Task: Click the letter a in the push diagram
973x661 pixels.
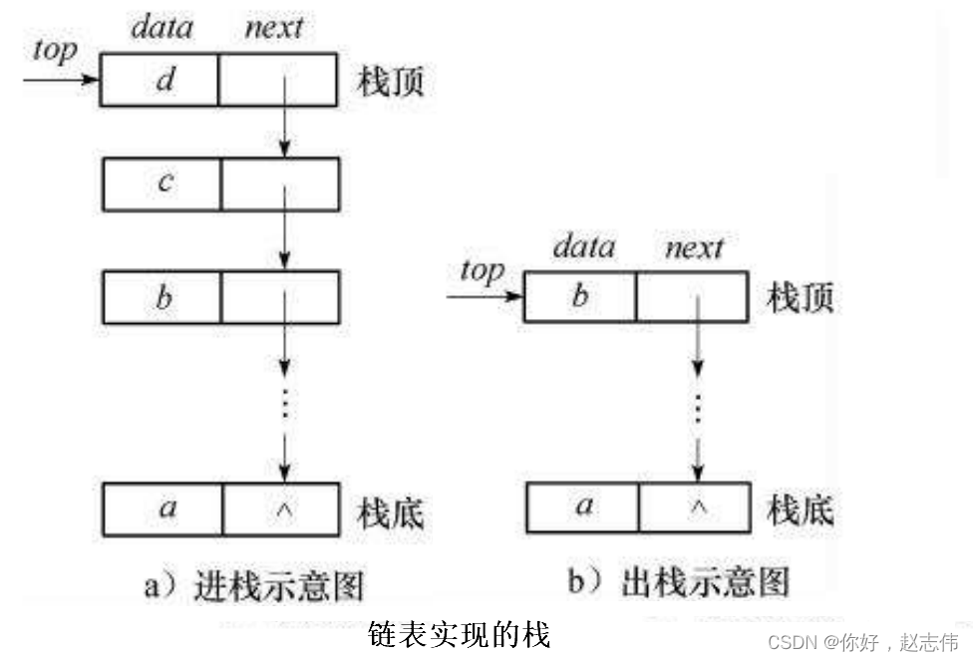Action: [x=167, y=507]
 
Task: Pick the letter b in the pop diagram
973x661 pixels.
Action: [x=580, y=297]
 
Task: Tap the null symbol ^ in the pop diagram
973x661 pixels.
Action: [x=698, y=507]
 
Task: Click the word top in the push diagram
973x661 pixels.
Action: [x=55, y=50]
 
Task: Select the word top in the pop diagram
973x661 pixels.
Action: [x=483, y=271]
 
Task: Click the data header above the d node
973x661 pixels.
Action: [x=162, y=27]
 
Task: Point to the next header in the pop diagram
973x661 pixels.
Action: [x=694, y=246]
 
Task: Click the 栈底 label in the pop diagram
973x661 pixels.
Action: [x=801, y=509]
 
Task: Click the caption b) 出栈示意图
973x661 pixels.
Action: [x=679, y=581]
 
